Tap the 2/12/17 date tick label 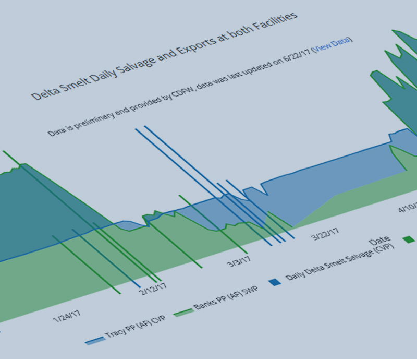(152, 287)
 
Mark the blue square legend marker (275, 282)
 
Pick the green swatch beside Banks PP (182, 311)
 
